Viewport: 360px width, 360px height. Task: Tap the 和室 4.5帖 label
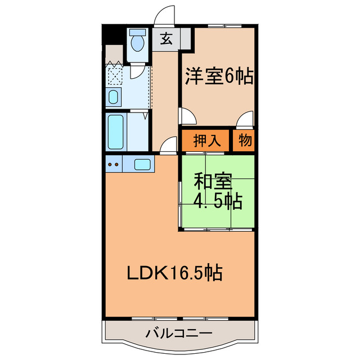point(218,191)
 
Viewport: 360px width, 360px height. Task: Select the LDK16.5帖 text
point(173,274)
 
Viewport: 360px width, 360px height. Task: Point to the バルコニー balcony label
point(179,334)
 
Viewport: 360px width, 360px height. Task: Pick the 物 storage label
point(244,141)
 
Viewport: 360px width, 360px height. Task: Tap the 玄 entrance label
point(166,39)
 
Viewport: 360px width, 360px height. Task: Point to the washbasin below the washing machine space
point(113,97)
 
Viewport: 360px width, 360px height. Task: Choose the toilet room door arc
point(137,71)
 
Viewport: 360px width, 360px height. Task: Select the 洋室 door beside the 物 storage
point(245,119)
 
